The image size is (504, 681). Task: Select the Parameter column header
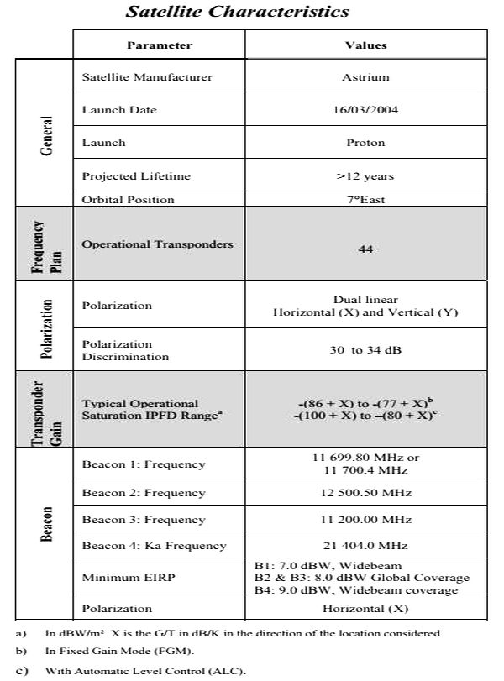(x=160, y=45)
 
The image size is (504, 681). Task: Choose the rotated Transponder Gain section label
(x=47, y=410)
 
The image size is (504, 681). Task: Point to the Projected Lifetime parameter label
(x=136, y=176)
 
